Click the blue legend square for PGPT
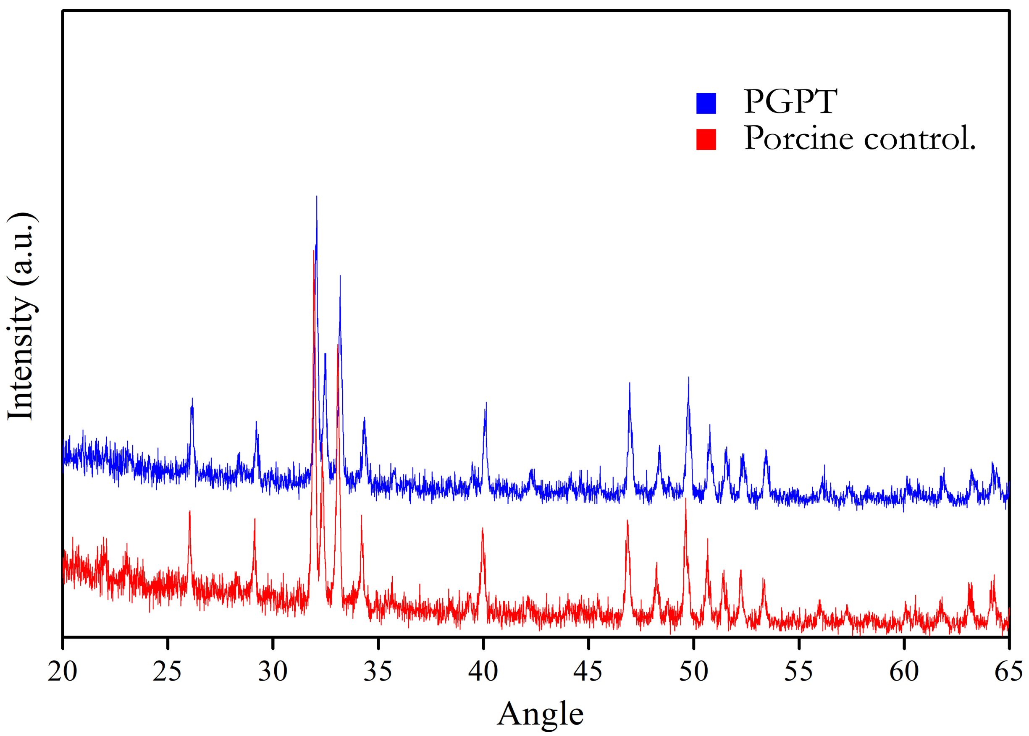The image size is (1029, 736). (x=706, y=103)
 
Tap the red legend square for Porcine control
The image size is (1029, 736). (x=706, y=139)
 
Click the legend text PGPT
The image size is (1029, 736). (x=790, y=102)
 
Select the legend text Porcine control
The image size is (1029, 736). (x=859, y=138)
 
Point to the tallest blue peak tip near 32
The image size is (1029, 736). (x=316, y=196)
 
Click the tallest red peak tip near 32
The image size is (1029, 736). (x=314, y=251)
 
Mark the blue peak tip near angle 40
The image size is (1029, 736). (x=486, y=403)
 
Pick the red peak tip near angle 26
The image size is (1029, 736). (x=189, y=511)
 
